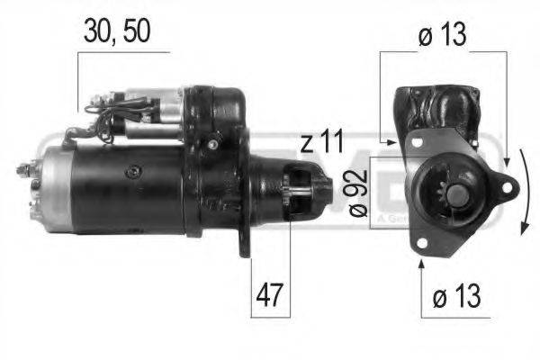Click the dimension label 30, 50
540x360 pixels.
tap(115, 31)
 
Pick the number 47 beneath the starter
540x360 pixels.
tap(269, 294)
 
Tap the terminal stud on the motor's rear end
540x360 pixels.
tap(24, 168)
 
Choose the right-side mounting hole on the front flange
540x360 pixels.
tap(507, 187)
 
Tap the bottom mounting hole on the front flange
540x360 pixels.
tap(421, 244)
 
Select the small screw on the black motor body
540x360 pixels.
tap(136, 170)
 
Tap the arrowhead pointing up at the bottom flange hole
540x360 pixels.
tap(421, 264)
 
